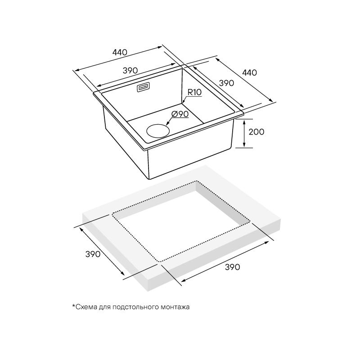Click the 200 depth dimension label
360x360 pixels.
coord(256,132)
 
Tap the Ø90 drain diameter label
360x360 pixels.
coord(180,114)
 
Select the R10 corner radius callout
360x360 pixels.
coord(194,92)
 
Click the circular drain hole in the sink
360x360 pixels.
coord(158,131)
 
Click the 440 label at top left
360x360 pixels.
coord(120,53)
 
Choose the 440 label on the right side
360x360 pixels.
coord(250,73)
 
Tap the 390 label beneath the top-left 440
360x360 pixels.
coord(130,71)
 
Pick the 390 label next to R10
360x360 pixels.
coord(226,83)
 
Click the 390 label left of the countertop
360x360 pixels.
coord(93,254)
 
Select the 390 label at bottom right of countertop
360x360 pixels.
coord(232,267)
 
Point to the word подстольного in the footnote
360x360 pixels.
coord(135,307)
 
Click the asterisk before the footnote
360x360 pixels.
coord(74,306)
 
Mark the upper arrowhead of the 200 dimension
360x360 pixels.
coord(244,121)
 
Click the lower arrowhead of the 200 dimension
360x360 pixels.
coord(244,145)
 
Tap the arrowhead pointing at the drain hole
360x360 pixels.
coord(167,124)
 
